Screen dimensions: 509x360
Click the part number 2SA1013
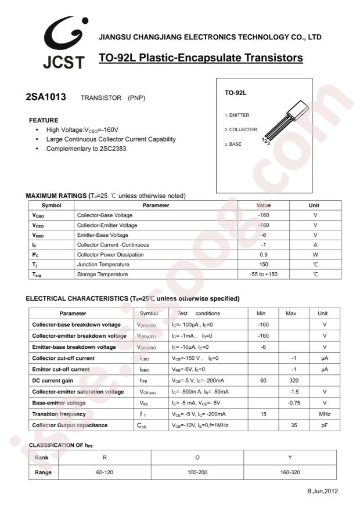(46, 97)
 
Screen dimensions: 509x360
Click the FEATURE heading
(44, 120)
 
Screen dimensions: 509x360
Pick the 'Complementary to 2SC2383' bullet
(87, 149)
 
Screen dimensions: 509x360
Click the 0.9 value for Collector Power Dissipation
(264, 254)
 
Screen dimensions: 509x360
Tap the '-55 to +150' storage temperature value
(264, 274)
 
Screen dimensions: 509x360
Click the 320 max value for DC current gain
(294, 381)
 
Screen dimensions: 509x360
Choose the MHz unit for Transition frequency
(325, 414)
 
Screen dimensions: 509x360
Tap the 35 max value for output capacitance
(294, 425)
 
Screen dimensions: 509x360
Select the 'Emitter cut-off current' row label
(61, 369)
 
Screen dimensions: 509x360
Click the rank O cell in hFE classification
(197, 457)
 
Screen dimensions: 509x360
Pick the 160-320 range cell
(290, 472)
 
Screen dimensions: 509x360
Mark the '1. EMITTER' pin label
(237, 115)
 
